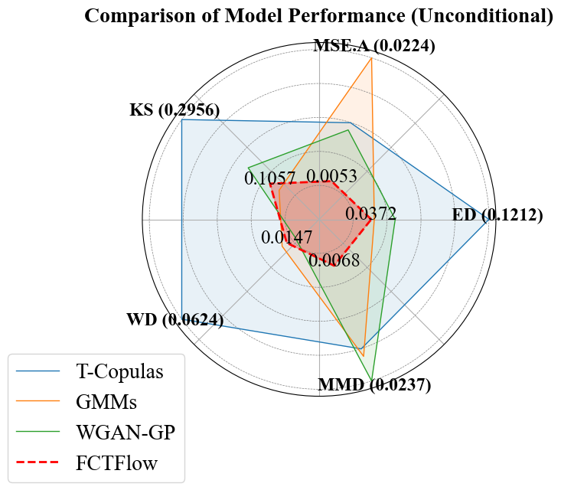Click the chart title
click(318, 16)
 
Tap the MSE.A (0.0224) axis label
click(374, 46)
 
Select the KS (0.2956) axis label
click(174, 110)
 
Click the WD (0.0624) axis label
click(174, 320)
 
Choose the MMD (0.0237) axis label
click(374, 384)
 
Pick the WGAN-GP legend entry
click(126, 432)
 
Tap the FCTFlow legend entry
click(116, 462)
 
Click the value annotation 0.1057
click(270, 178)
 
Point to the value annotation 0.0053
click(331, 177)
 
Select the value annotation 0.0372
click(370, 214)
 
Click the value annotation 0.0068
click(334, 260)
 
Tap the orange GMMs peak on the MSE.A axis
click(371, 58)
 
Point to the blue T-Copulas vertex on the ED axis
click(488, 220)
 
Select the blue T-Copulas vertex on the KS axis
click(182, 119)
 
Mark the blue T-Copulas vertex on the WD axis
click(182, 319)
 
